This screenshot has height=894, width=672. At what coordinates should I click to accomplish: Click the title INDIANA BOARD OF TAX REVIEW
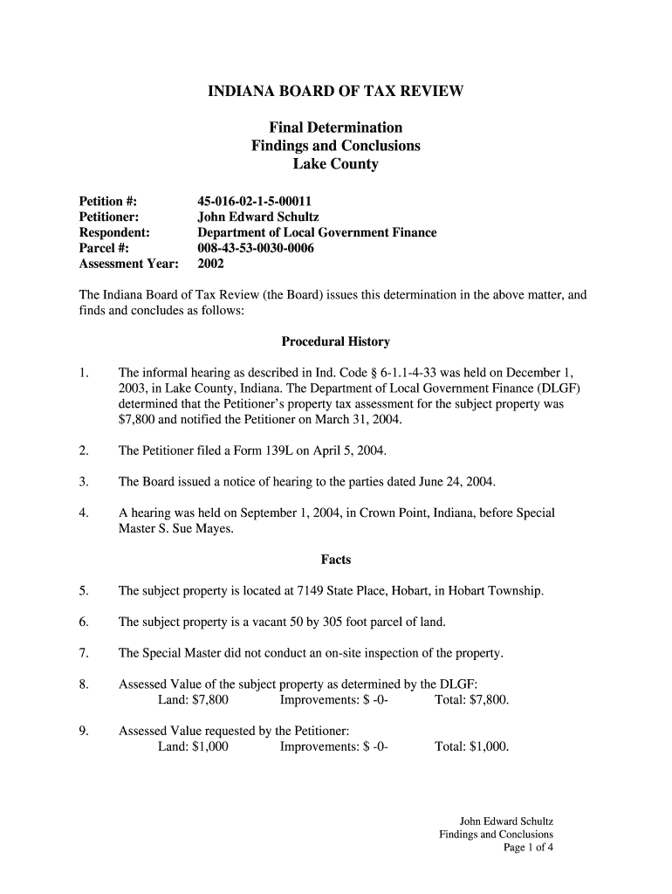335,91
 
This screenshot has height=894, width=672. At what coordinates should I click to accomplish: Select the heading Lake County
335,163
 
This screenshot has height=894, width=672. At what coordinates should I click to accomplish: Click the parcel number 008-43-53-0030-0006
255,248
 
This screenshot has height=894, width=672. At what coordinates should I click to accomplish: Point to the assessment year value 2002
211,264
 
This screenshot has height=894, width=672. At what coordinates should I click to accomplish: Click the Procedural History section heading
335,341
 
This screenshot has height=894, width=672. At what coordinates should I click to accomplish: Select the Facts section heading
335,560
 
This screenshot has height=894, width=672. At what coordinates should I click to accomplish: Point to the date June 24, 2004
455,482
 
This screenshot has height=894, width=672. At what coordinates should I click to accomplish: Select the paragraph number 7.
83,653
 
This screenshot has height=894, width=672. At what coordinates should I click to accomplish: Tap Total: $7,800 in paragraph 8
471,700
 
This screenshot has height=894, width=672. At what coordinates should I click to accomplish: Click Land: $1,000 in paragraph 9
193,747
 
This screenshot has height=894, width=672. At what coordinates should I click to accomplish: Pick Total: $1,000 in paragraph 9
471,747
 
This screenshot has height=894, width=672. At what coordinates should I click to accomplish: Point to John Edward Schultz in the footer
506,822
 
